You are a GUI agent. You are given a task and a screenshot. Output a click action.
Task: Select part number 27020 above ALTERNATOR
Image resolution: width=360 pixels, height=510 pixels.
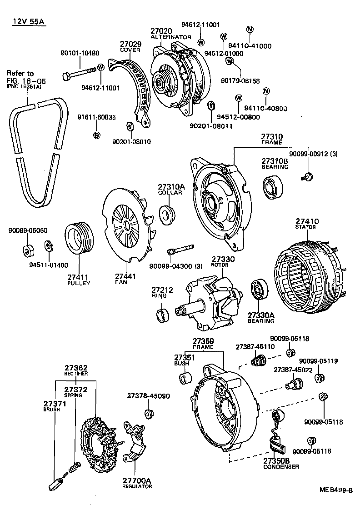point(161,31)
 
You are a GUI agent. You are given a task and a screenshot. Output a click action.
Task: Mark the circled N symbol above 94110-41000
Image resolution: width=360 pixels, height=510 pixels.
point(250,30)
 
